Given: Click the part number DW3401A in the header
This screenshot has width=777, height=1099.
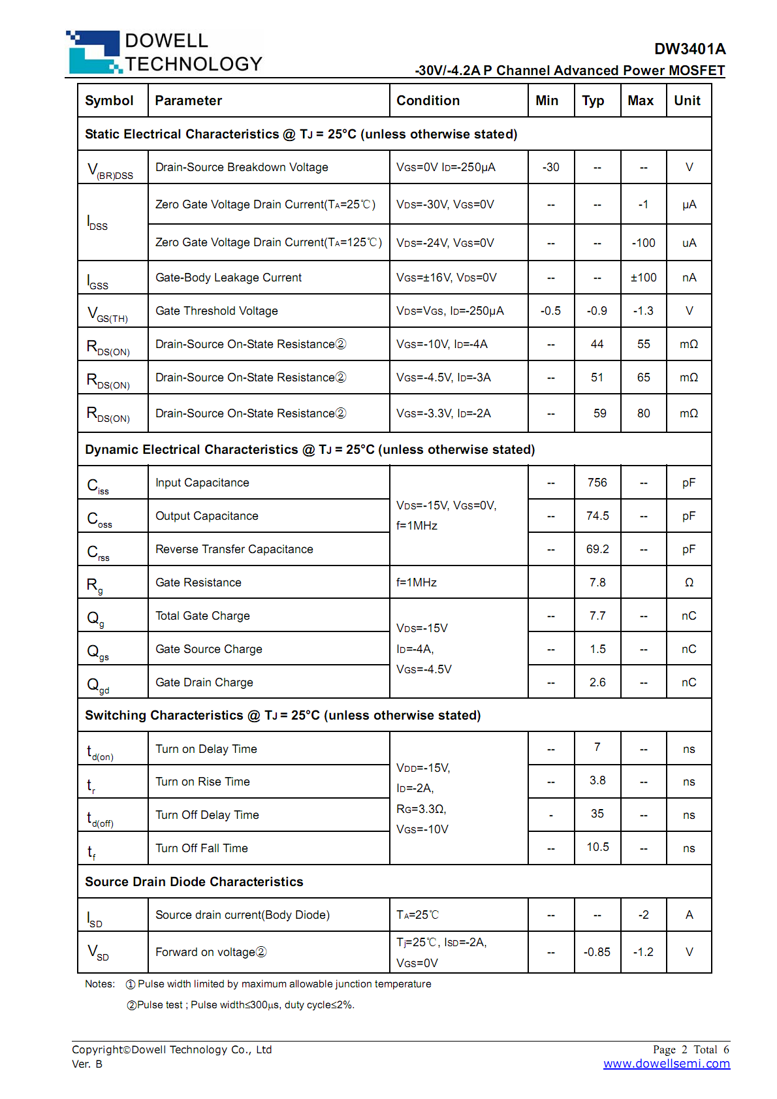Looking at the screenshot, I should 690,49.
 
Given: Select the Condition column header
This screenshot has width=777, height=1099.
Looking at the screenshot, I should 428,101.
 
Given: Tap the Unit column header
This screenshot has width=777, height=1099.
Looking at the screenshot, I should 687,101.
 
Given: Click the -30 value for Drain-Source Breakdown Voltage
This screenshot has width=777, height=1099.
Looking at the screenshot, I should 550,167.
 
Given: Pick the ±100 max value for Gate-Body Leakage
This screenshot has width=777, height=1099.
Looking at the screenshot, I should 643,278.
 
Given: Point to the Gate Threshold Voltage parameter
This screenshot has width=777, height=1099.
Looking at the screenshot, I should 217,311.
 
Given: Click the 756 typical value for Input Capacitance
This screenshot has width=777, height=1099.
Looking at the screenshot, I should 597,483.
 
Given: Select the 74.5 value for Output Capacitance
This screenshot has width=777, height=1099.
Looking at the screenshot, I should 597,516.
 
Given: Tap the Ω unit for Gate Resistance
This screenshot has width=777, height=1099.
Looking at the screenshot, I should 689,582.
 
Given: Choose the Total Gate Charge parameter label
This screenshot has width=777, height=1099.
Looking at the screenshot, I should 202,616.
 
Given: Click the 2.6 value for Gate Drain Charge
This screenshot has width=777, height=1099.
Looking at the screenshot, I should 597,682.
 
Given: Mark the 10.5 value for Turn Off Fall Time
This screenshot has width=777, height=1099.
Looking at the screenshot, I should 597,847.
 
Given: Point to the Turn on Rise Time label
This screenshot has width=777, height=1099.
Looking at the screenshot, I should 202,782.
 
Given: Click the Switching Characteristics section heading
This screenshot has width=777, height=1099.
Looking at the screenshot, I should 283,715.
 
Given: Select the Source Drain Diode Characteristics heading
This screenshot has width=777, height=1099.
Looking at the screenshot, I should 194,882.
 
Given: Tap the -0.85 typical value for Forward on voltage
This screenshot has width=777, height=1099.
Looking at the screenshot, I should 597,952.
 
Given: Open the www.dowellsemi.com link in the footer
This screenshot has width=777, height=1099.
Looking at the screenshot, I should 666,1064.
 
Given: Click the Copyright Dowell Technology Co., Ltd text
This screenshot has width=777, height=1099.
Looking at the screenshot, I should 172,1049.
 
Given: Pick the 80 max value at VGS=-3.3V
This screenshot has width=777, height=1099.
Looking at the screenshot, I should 643,413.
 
